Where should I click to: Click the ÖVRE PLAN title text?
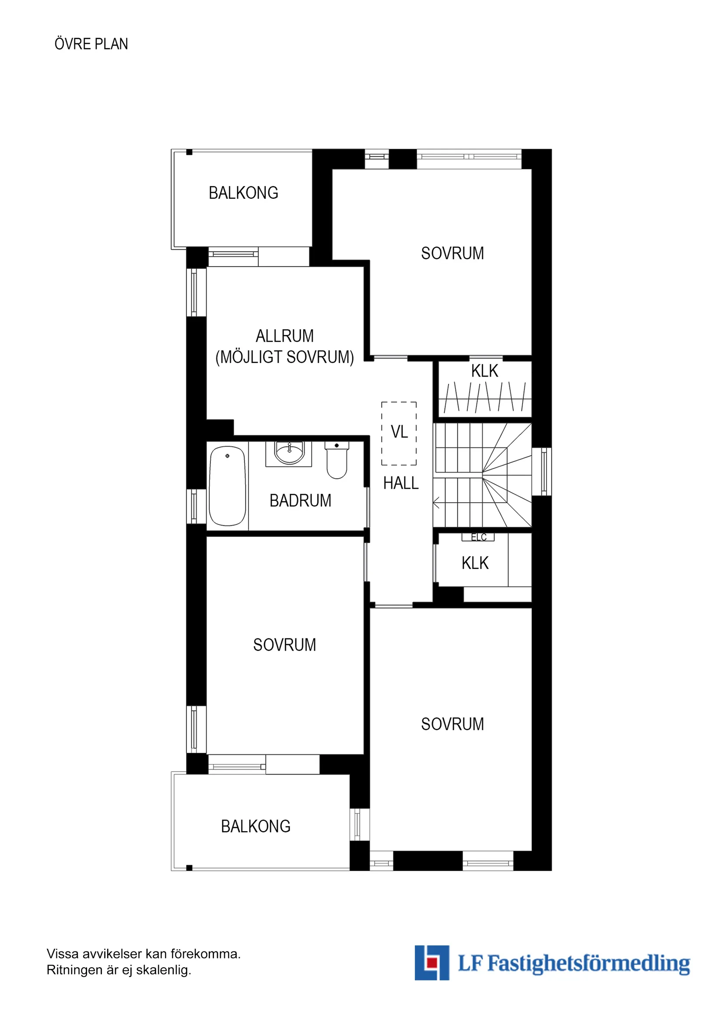[x=91, y=44]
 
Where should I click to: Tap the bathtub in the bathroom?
[x=228, y=486]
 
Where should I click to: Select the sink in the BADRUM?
[x=289, y=453]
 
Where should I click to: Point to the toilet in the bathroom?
[x=337, y=460]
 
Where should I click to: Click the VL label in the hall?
[x=399, y=432]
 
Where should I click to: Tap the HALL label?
[x=401, y=483]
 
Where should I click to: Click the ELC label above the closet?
[x=479, y=537]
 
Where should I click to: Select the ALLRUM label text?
[x=285, y=336]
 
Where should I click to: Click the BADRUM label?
[x=300, y=501]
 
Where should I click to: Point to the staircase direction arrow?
[x=437, y=503]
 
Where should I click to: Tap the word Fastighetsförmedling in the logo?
[x=589, y=964]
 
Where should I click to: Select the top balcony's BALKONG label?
[x=243, y=193]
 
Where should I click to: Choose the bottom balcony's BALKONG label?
[x=256, y=827]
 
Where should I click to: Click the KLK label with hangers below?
[x=484, y=371]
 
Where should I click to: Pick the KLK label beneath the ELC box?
[x=475, y=563]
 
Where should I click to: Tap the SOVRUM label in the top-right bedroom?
[x=452, y=253]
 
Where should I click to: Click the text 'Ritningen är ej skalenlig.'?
[x=119, y=970]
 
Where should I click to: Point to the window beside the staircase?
[x=542, y=472]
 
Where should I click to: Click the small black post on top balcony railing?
[x=189, y=152]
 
